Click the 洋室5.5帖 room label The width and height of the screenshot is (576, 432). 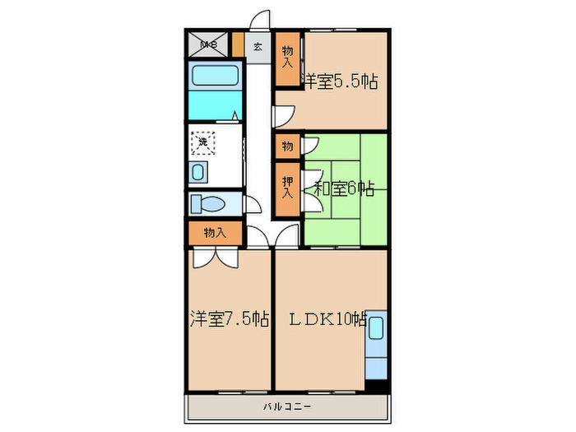click(x=341, y=81)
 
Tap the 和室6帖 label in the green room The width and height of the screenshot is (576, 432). click(x=344, y=189)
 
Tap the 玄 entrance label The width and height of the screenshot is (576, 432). click(x=258, y=47)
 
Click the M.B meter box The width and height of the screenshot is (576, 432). click(x=206, y=46)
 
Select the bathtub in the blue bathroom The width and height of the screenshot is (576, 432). click(x=216, y=77)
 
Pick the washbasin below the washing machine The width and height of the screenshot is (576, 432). click(x=199, y=172)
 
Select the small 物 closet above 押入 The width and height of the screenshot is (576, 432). click(x=287, y=146)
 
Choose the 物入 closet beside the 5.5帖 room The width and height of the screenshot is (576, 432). click(x=288, y=58)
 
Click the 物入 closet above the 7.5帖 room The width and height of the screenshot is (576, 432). click(x=215, y=234)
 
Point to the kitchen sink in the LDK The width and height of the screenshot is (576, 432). click(x=378, y=327)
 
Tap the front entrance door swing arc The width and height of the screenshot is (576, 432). click(x=260, y=20)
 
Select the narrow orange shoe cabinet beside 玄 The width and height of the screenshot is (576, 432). click(x=238, y=44)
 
